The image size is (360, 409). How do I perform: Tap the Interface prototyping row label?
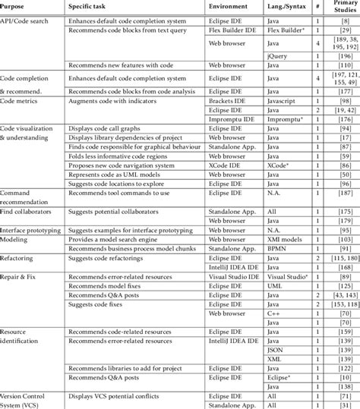pyautogui.click(x=33, y=228)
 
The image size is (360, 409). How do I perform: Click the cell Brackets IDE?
pyautogui.click(x=228, y=100)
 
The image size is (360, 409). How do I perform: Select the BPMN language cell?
pyautogui.click(x=277, y=248)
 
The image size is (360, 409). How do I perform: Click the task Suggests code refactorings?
pyautogui.click(x=110, y=258)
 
